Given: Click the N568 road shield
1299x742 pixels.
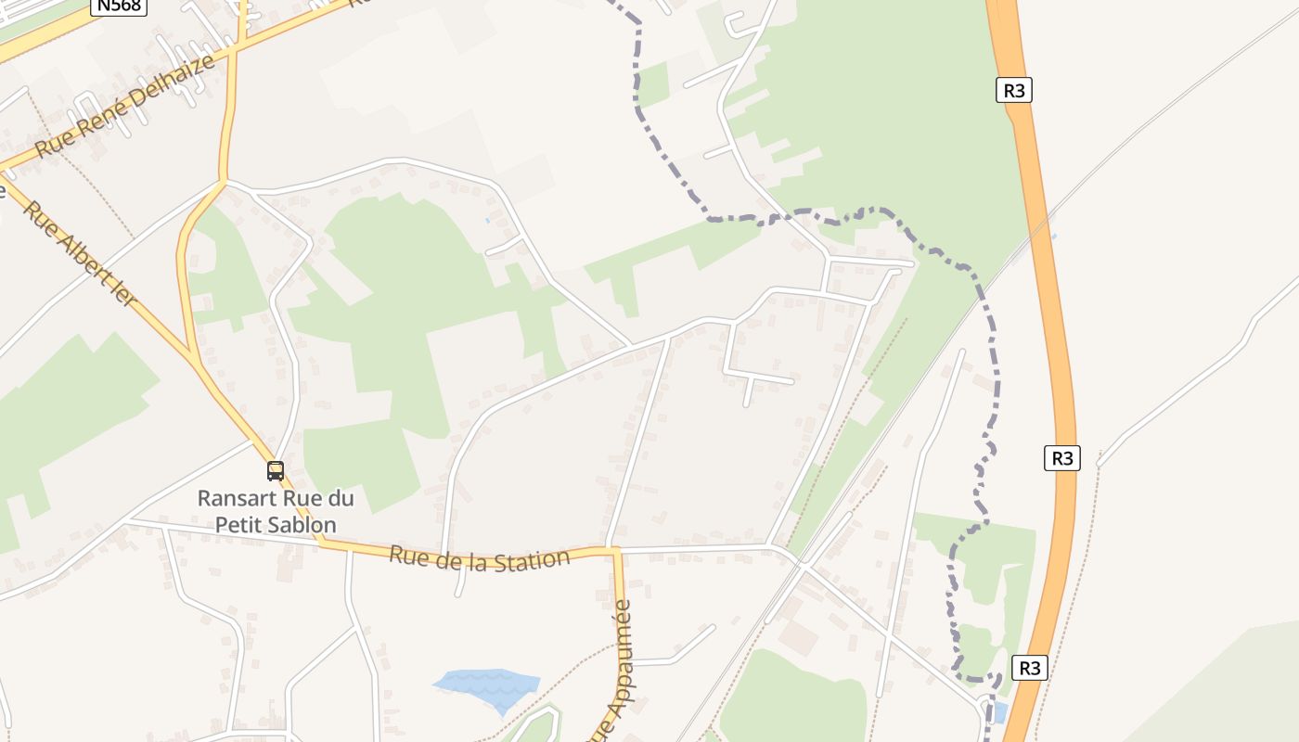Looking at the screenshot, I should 119,6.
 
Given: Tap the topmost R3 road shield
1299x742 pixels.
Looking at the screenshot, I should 1015,90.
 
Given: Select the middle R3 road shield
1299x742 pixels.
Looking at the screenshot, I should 1062,457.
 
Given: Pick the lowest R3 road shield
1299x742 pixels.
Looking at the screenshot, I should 1029,668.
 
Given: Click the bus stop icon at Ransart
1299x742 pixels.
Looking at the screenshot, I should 276,470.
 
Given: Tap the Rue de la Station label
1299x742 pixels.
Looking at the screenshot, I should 479,558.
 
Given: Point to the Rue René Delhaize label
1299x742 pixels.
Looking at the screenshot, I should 125,106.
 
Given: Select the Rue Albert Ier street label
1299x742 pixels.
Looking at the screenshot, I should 79,255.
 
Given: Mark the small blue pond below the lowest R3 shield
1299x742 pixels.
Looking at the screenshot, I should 999,712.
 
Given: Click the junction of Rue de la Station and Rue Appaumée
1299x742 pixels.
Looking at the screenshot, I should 614,551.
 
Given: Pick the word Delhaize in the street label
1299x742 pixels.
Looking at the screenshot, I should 175,82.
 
